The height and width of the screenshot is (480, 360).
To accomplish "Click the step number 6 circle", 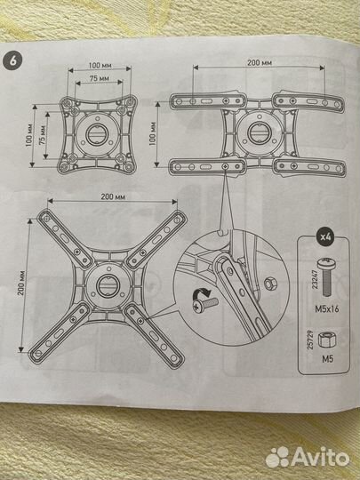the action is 12,60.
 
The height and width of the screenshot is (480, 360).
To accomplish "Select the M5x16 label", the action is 327,309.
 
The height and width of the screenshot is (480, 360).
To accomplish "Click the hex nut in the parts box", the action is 326,340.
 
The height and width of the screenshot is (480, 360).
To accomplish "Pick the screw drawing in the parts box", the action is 326,277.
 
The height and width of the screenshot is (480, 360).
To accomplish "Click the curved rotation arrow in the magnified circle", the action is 201,294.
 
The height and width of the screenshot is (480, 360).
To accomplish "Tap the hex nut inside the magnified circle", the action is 270,284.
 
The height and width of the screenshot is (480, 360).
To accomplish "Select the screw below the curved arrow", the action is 207,305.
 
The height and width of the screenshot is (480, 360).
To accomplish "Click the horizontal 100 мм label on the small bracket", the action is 100,66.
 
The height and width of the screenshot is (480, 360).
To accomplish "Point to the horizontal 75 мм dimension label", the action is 100,79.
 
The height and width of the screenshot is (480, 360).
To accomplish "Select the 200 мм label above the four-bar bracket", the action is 260,63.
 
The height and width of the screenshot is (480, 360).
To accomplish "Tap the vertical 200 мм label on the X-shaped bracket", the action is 20,283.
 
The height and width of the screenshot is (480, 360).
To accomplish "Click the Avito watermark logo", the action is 308,458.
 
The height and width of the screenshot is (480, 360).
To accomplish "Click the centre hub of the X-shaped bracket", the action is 108,285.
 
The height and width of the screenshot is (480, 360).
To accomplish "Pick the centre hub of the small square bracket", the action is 96,133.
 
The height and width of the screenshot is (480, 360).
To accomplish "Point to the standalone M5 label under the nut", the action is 327,359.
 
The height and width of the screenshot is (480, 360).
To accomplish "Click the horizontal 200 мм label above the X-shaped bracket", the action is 113,197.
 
